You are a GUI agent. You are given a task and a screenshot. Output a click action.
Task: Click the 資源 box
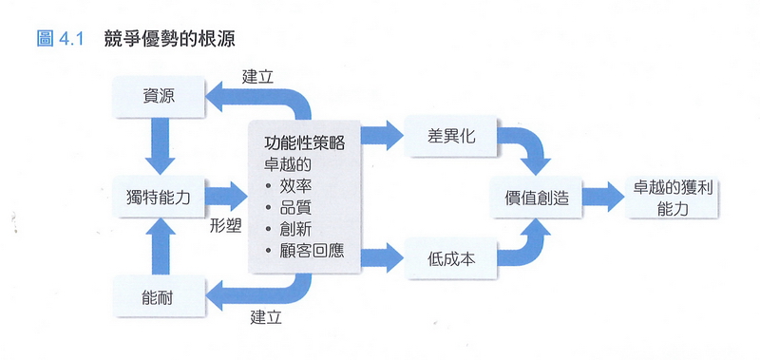point(158,96)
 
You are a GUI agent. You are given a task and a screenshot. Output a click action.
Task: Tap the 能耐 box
point(158,297)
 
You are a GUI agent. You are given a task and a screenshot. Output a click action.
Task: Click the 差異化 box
point(451,137)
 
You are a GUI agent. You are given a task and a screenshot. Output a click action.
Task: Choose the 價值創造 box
point(535,198)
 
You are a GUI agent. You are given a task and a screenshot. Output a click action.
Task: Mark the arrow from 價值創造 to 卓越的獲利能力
point(598,198)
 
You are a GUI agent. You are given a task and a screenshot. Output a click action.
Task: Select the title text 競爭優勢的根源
point(172,40)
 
